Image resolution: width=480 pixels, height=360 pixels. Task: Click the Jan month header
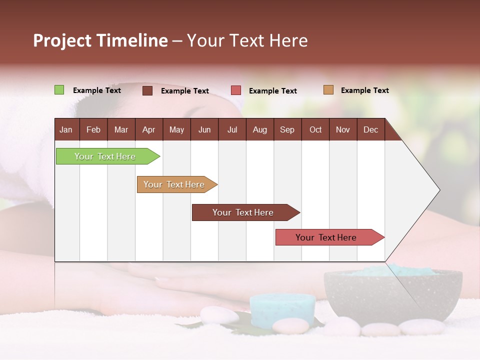click(66, 129)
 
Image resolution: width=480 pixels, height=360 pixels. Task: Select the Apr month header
click(149, 129)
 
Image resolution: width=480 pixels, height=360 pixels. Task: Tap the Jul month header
click(232, 129)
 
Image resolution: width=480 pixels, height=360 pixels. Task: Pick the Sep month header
click(287, 129)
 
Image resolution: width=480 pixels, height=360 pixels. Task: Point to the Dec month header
click(370, 129)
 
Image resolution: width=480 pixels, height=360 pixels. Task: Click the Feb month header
click(93, 129)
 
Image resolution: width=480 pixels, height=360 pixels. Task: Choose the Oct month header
click(315, 129)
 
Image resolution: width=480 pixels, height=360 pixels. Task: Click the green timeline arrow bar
click(105, 156)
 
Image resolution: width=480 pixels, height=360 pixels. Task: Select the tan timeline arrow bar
click(174, 184)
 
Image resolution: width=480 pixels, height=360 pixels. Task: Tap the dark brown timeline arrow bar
click(243, 212)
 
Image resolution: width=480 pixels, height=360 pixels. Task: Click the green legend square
click(59, 90)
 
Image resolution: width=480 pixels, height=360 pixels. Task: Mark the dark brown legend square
click(147, 90)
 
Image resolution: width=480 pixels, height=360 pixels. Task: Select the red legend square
click(236, 90)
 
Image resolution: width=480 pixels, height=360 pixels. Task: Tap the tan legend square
click(328, 90)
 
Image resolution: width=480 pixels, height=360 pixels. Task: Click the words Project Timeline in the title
click(100, 40)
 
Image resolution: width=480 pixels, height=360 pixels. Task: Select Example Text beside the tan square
click(364, 90)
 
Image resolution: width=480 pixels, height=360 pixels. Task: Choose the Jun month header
click(204, 129)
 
